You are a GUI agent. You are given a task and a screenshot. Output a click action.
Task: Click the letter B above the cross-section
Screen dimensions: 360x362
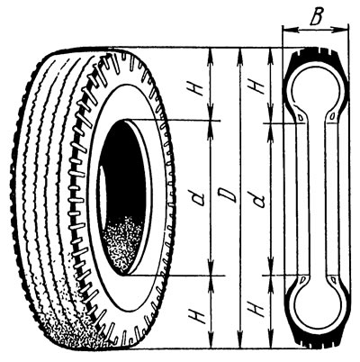click(x=316, y=16)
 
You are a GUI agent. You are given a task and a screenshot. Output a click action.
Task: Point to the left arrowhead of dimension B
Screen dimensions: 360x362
click(x=290, y=30)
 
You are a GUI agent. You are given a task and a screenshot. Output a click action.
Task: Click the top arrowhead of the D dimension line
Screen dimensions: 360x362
click(x=239, y=56)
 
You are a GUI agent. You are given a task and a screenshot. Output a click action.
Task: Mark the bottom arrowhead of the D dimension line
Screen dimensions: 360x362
click(x=239, y=340)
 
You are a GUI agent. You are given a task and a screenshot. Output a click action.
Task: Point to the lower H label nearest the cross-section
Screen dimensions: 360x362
click(x=257, y=309)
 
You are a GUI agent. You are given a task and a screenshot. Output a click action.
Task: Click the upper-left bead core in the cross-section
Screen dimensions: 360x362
click(x=300, y=117)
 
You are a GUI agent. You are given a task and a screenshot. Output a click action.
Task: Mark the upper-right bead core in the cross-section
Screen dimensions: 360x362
click(x=332, y=116)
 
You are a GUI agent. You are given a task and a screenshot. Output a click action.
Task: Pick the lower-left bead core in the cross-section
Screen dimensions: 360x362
click(x=302, y=279)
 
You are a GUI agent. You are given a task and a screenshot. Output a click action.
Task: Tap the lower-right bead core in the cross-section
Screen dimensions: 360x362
click(x=333, y=280)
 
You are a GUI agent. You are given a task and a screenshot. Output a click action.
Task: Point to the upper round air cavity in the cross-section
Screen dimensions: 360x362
click(x=316, y=89)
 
